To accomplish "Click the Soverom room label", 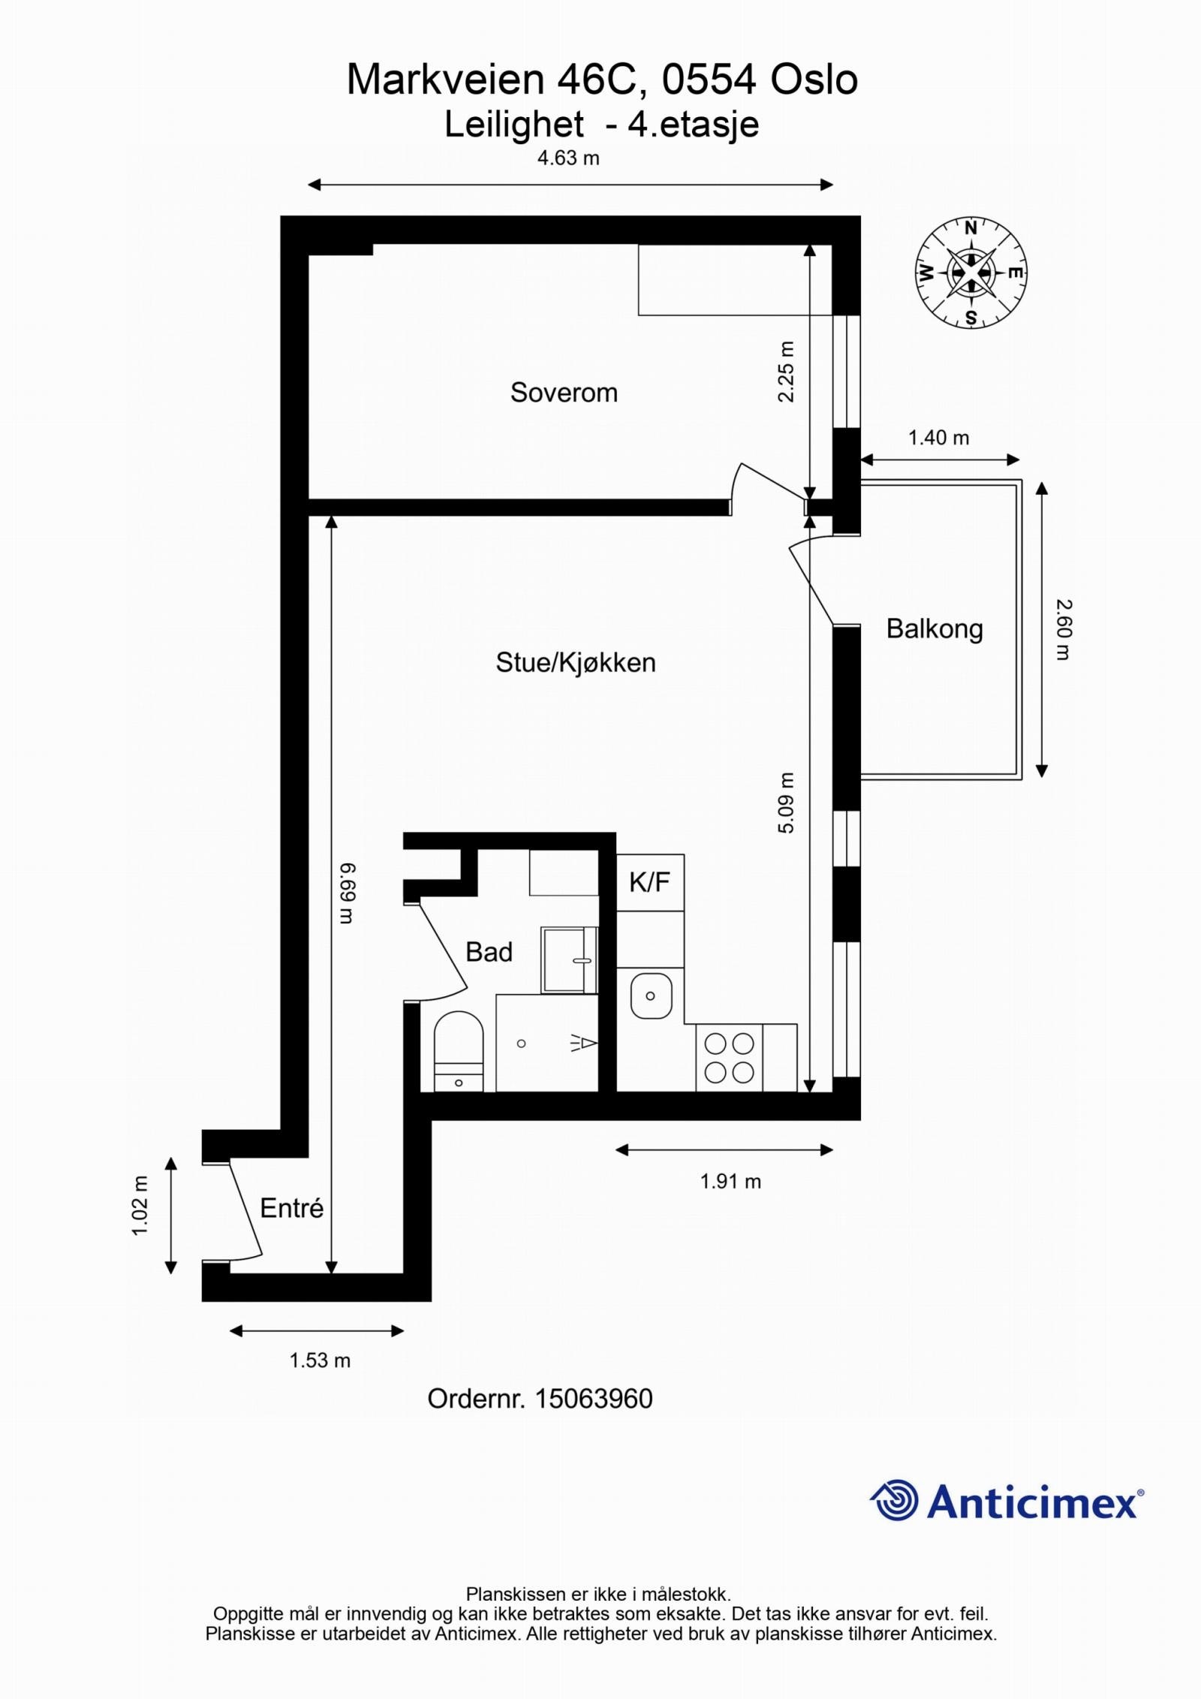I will pyautogui.click(x=564, y=393).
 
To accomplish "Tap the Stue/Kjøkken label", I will pyautogui.click(x=576, y=662).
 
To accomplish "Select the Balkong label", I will pyautogui.click(x=935, y=628).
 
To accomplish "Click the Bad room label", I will pyautogui.click(x=489, y=952).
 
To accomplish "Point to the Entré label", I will pyautogui.click(x=291, y=1208).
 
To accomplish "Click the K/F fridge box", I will pyautogui.click(x=649, y=882).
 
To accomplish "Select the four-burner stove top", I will pyautogui.click(x=729, y=1058).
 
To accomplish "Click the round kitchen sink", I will pyautogui.click(x=650, y=996).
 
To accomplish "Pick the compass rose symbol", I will pyautogui.click(x=971, y=273).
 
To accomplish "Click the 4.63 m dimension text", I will pyautogui.click(x=568, y=158).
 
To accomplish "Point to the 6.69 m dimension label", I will pyautogui.click(x=346, y=893).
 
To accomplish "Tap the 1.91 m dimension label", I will pyautogui.click(x=730, y=1182).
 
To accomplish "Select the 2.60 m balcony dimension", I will pyautogui.click(x=1063, y=629).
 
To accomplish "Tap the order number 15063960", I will pyautogui.click(x=593, y=1399).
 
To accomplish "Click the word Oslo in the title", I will pyautogui.click(x=814, y=80).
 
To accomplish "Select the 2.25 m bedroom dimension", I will pyautogui.click(x=786, y=372).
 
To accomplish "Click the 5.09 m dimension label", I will pyautogui.click(x=786, y=803).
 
